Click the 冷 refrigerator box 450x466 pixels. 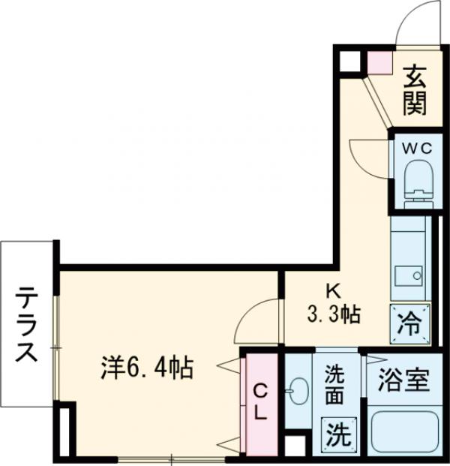pyautogui.click(x=410, y=323)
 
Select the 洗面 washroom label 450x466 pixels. pyautogui.click(x=335, y=383)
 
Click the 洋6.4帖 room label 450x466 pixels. pyautogui.click(x=148, y=368)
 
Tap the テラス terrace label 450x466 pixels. pyautogui.click(x=28, y=324)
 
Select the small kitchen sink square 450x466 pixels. pyautogui.click(x=409, y=275)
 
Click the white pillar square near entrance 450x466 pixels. pyautogui.click(x=347, y=62)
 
